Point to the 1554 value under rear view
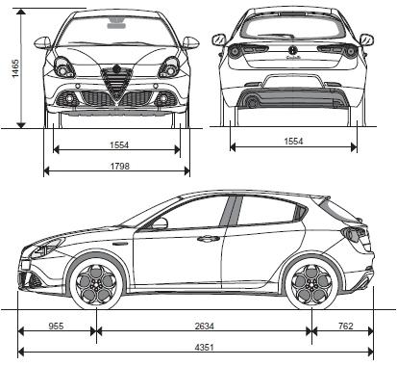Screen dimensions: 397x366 tap(294, 142)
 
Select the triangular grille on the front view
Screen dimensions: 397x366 tap(116, 88)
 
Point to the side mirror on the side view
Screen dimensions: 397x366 tap(160, 223)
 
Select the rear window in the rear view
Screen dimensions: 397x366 tap(293, 26)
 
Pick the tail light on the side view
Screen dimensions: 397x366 tap(355, 233)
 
